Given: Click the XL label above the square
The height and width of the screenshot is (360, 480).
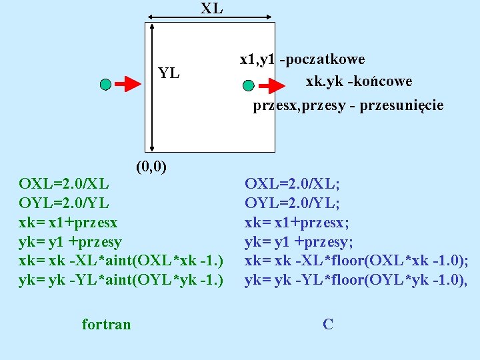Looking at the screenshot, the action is pos(211,9).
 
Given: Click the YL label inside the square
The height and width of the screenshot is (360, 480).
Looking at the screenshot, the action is pos(169,73).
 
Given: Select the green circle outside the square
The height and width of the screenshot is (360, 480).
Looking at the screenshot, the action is pos(105,84).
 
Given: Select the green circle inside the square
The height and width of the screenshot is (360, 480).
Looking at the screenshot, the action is pos(249,85).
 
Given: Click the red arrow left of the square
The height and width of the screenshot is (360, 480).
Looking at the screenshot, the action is pos(127,84).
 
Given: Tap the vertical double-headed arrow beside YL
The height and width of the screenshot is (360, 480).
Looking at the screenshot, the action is pos(153,87).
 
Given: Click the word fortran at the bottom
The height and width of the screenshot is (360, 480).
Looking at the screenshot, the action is pos(107,325).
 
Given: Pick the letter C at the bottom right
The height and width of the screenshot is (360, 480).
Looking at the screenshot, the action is pos(327,325).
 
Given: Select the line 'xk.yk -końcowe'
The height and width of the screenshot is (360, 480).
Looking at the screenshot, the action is pos(359,81).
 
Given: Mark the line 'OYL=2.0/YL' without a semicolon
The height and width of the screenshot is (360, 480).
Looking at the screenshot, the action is pos(64,202).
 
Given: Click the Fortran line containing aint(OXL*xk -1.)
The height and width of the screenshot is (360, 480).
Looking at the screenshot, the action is pos(120,260).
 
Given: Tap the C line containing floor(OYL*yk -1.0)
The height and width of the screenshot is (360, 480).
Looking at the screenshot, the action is pos(356,280).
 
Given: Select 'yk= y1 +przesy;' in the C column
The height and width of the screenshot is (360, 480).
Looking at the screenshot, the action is pos(299,241).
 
